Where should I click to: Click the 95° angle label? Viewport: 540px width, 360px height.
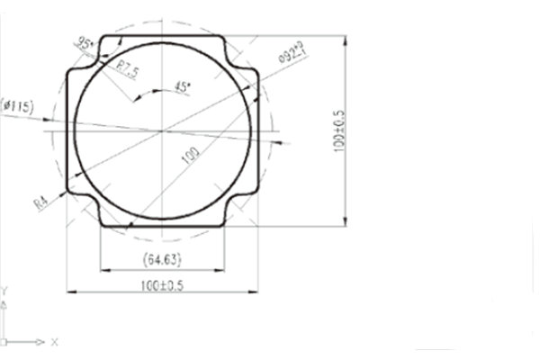tap(86, 42)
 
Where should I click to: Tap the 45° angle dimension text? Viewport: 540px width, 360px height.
tap(183, 87)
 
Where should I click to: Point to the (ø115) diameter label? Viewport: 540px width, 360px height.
tap(18, 107)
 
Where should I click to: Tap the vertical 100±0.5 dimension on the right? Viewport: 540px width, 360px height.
tap(339, 131)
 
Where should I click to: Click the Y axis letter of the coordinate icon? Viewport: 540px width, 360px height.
tap(5, 291)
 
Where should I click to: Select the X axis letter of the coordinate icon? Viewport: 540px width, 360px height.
tap(54, 343)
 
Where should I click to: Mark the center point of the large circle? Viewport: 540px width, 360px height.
tap(162, 131)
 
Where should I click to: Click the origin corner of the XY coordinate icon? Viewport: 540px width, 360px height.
tap(6, 343)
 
